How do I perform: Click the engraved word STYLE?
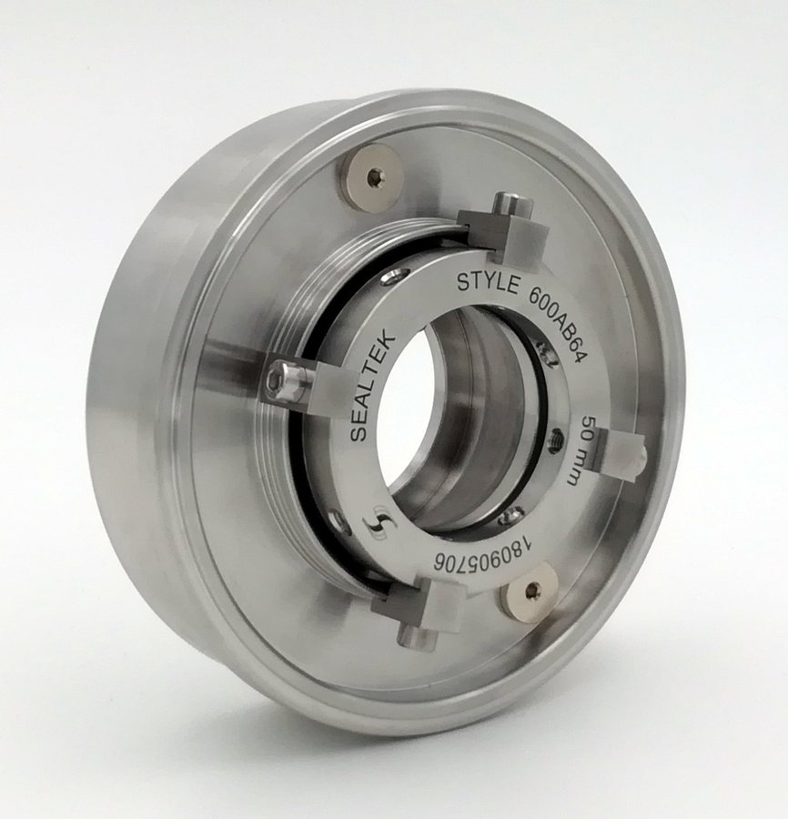click(488, 282)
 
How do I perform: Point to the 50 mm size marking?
click(586, 450)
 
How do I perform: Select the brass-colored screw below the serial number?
click(529, 594)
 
